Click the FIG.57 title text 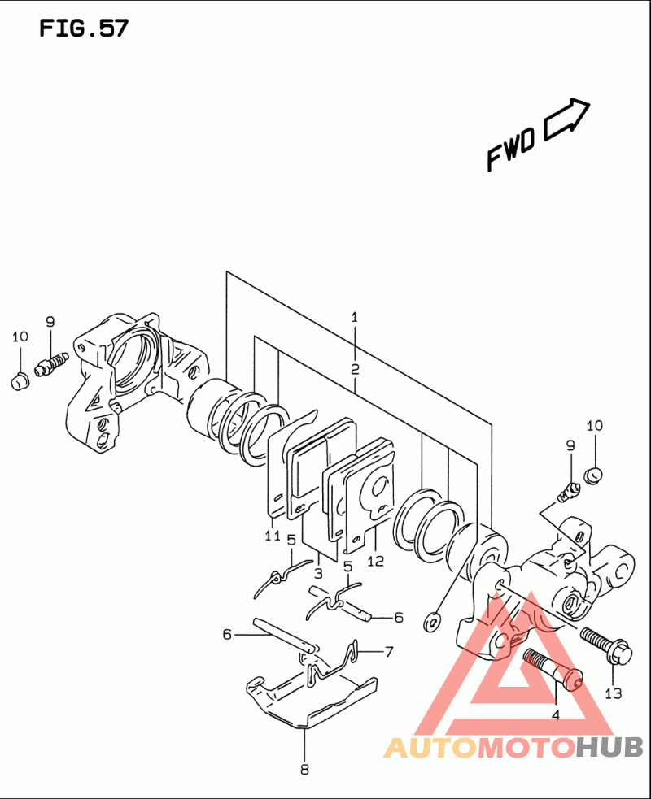(x=84, y=28)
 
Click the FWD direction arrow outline (x=567, y=119)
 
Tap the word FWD (x=511, y=150)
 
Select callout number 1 (x=355, y=318)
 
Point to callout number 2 (x=355, y=369)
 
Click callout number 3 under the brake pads (x=318, y=573)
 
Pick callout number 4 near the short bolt (x=556, y=715)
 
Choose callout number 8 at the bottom (x=304, y=769)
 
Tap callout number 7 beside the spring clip (x=389, y=651)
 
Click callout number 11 (x=273, y=536)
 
